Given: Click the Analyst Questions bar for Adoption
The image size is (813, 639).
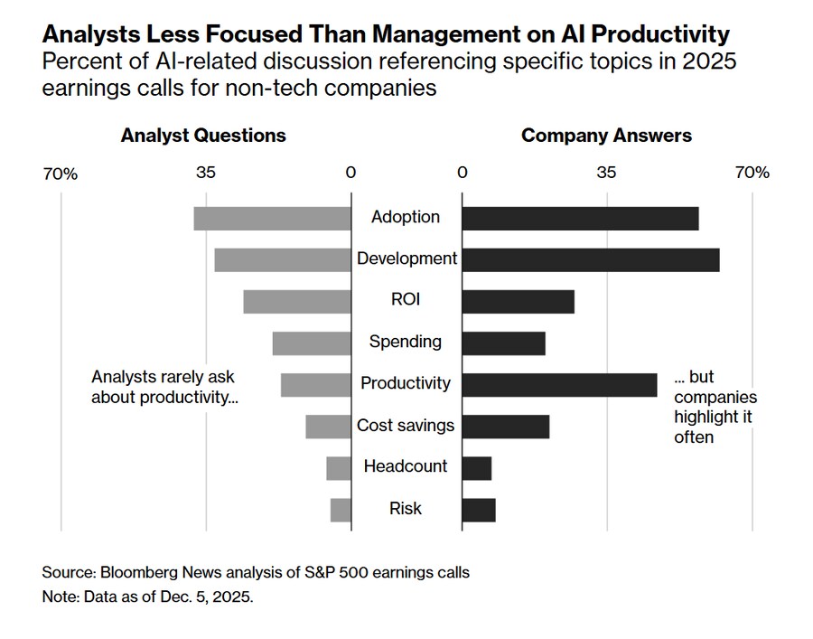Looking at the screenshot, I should pyautogui.click(x=272, y=218).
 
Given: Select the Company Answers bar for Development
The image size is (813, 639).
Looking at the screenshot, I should pyautogui.click(x=591, y=259).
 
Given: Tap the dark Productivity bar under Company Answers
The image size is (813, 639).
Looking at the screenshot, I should pyautogui.click(x=559, y=384).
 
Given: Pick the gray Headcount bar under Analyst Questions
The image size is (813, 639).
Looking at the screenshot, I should pyautogui.click(x=339, y=468).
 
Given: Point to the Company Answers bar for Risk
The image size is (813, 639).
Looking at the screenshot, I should pyautogui.click(x=479, y=510).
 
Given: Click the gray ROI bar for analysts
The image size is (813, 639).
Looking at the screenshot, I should pyautogui.click(x=297, y=301).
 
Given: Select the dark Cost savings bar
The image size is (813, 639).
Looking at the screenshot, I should pyautogui.click(x=506, y=426).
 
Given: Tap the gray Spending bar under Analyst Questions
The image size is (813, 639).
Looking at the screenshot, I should pyautogui.click(x=312, y=343).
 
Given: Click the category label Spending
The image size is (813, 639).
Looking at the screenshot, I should pyautogui.click(x=406, y=342).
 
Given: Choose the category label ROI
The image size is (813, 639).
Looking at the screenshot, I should pyautogui.click(x=406, y=300).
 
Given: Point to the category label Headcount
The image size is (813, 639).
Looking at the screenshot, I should pyautogui.click(x=406, y=466).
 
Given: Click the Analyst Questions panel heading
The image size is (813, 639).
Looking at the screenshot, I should pyautogui.click(x=203, y=136).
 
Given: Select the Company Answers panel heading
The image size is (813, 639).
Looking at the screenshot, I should pyautogui.click(x=606, y=136).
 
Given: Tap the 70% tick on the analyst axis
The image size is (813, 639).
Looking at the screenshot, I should pyautogui.click(x=61, y=173).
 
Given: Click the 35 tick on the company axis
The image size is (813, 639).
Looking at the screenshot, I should pyautogui.click(x=606, y=172).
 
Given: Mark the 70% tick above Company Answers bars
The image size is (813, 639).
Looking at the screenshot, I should pyautogui.click(x=752, y=172).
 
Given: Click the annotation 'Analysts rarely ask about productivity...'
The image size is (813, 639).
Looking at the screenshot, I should pyautogui.click(x=165, y=388).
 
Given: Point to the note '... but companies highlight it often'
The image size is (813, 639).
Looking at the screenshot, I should pyautogui.click(x=715, y=408).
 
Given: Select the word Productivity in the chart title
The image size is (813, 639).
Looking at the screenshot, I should pyautogui.click(x=657, y=35).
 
